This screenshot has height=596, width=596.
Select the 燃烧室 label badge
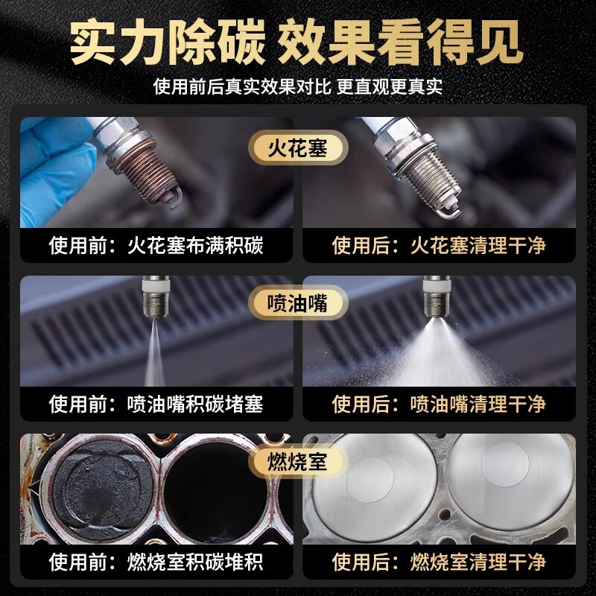pyautogui.click(x=298, y=460)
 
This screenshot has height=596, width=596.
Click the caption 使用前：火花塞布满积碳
pyautogui.click(x=156, y=245)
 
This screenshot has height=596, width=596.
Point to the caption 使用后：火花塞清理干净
pyautogui.click(x=439, y=245)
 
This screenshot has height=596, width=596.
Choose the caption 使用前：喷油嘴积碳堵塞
pyautogui.click(x=156, y=404)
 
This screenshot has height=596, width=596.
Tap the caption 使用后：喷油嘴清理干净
pyautogui.click(x=439, y=404)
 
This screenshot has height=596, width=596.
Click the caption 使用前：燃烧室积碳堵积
pyautogui.click(x=156, y=560)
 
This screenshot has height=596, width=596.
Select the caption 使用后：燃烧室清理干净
pyautogui.click(x=439, y=560)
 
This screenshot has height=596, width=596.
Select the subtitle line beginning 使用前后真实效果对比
pyautogui.click(x=298, y=87)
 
